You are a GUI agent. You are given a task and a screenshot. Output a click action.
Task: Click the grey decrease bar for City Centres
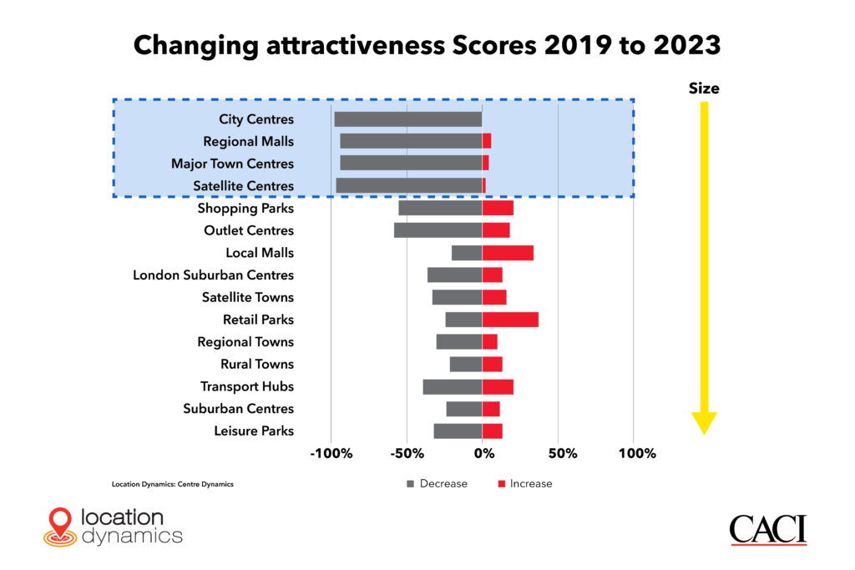click(x=407, y=119)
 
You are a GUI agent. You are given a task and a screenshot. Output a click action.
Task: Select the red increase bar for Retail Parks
click(x=510, y=320)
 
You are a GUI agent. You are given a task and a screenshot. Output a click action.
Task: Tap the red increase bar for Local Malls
click(x=508, y=253)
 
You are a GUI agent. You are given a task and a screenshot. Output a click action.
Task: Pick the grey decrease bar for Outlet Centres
click(x=438, y=230)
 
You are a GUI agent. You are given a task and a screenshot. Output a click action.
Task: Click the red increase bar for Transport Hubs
click(x=498, y=386)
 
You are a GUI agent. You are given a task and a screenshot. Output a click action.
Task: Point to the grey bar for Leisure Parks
click(x=458, y=431)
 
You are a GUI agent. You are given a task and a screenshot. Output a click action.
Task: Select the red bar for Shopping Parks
click(x=498, y=208)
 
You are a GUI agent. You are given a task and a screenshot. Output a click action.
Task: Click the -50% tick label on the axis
click(x=406, y=454)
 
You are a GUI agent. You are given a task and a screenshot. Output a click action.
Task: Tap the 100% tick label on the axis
click(x=636, y=454)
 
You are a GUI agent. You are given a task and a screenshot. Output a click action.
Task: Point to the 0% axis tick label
click(x=483, y=454)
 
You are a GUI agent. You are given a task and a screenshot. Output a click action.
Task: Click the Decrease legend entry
click(x=437, y=484)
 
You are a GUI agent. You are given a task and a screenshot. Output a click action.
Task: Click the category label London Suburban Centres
click(x=213, y=275)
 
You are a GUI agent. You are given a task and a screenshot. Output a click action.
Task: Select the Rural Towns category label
click(x=257, y=365)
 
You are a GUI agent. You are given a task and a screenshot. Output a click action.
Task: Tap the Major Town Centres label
click(x=232, y=164)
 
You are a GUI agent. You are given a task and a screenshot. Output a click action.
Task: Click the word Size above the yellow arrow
click(x=704, y=88)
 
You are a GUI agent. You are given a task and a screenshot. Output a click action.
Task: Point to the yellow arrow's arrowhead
click(x=704, y=422)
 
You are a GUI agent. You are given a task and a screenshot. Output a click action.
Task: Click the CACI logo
click(x=768, y=529)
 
